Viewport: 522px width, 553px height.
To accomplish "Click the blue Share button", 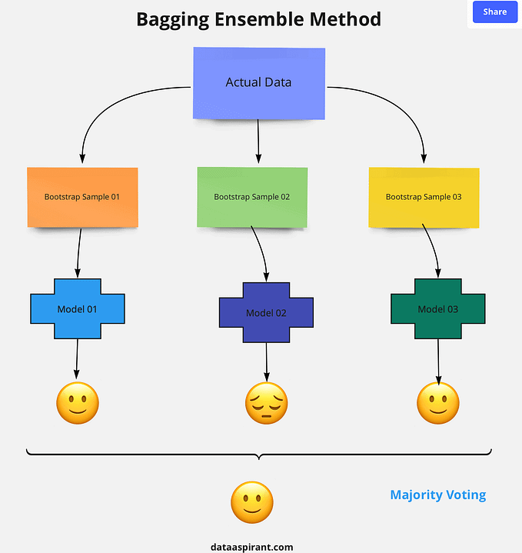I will (494, 12).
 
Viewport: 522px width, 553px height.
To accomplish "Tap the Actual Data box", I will (258, 82).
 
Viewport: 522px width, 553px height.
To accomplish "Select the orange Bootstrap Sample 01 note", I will (82, 197).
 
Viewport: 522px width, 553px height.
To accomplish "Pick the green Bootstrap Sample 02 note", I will (252, 197).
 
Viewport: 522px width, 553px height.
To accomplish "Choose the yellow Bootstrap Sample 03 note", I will (424, 197).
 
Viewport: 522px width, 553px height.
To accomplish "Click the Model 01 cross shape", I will (77, 308).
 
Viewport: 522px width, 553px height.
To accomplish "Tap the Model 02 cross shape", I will (266, 312).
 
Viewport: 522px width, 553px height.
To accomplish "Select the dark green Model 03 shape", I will (437, 308).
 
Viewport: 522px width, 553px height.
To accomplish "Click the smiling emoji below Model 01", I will (78, 402).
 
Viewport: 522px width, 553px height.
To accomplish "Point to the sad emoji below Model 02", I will (266, 404).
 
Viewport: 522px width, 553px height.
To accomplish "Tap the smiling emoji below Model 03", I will (438, 402).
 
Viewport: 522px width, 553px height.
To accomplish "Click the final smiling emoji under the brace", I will (251, 504).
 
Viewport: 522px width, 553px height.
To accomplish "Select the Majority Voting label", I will (437, 495).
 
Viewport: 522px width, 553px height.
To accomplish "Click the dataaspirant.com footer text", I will (251, 547).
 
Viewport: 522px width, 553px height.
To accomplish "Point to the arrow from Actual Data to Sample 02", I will (258, 142).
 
